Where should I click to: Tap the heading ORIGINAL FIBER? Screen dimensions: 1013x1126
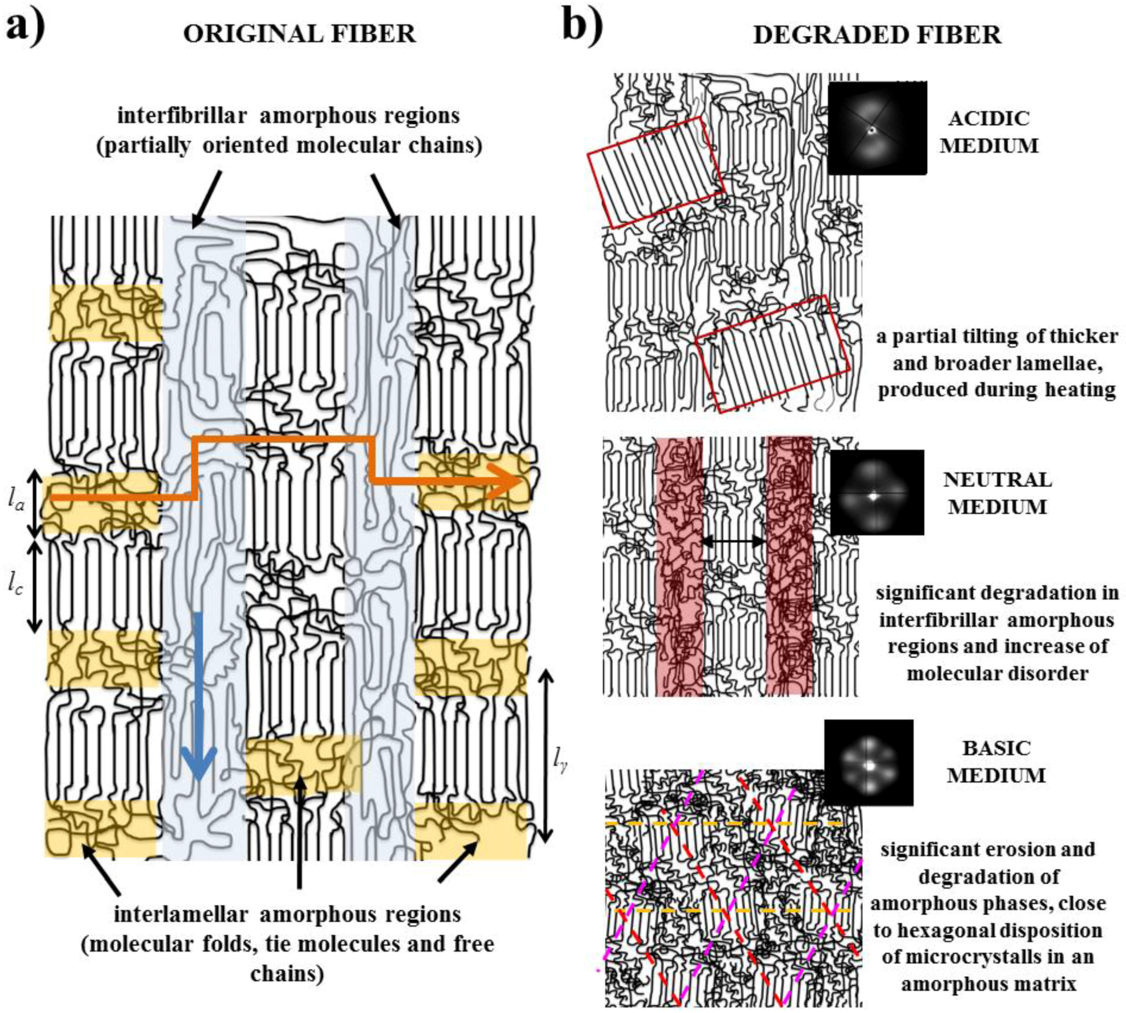tap(300, 34)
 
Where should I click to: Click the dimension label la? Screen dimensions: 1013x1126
tap(16, 501)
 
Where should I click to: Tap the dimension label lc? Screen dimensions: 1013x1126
tap(15, 585)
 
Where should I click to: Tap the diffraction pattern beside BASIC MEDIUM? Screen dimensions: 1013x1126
tap(868, 763)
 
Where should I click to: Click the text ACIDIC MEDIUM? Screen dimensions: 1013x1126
tap(989, 132)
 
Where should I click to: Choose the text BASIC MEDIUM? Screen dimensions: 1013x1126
tap(996, 761)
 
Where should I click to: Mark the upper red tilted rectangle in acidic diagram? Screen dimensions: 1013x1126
tap(656, 173)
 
